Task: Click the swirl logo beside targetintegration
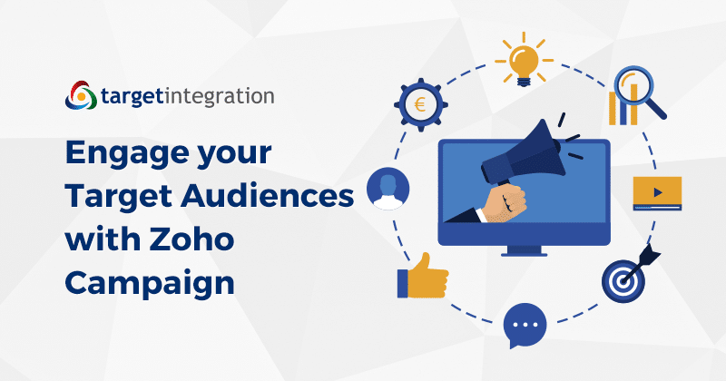[x=81, y=95]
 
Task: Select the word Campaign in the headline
[x=150, y=284]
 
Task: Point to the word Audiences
[x=267, y=196]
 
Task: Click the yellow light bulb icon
[x=524, y=60]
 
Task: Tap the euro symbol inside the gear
[x=420, y=104]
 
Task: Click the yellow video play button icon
[x=657, y=193]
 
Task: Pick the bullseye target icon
[x=623, y=281]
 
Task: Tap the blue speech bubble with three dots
[x=525, y=325]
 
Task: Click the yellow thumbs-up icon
[x=423, y=277]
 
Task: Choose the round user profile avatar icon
[x=388, y=189]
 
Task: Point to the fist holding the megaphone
[x=505, y=202]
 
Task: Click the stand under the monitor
[x=524, y=251]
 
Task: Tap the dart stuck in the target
[x=641, y=263]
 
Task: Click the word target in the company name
[x=132, y=97]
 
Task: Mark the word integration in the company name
[x=220, y=97]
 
